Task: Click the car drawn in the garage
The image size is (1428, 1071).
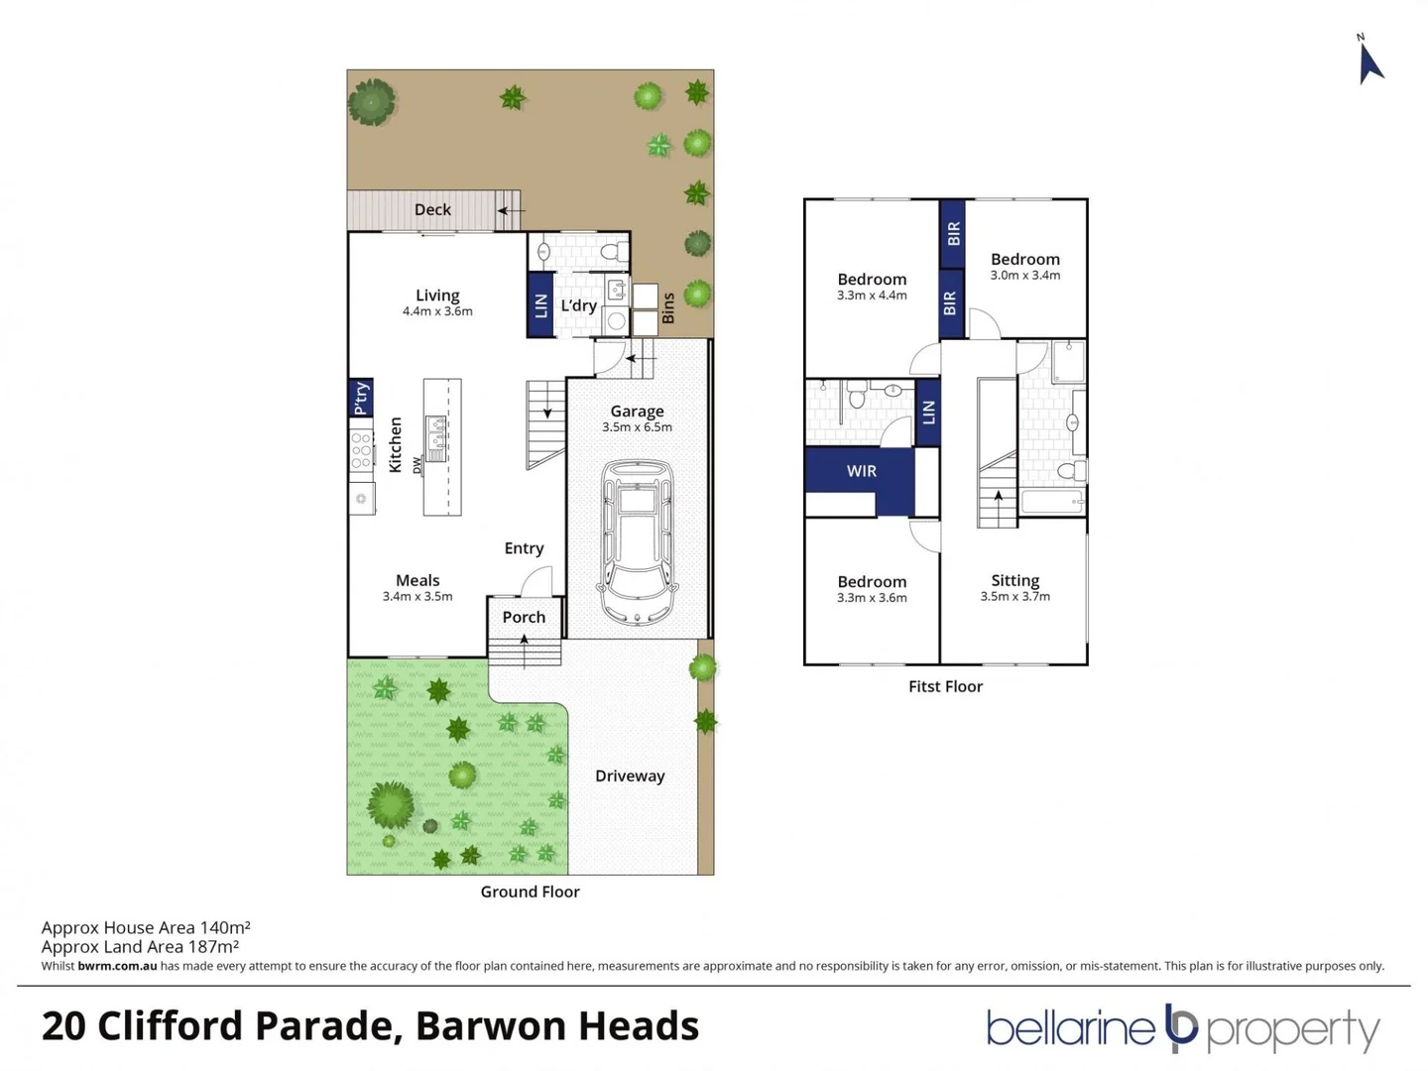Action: [638, 542]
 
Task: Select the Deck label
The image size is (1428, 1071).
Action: [432, 210]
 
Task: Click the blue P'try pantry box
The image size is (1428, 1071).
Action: [361, 398]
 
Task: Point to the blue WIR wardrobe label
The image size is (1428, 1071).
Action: [861, 471]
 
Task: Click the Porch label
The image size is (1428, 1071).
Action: [524, 617]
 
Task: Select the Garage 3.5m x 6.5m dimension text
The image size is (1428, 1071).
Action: [637, 427]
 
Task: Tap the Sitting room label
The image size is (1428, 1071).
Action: [1014, 580]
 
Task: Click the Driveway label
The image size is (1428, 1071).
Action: [630, 775]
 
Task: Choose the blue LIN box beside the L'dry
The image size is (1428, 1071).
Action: [540, 305]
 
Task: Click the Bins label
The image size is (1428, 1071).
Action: [668, 307]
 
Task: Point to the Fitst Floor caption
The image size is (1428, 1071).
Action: [945, 686]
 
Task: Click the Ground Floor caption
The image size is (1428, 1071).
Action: [530, 892]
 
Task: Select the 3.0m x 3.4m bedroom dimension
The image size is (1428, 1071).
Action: [1024, 276]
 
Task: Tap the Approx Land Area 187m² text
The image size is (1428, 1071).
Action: [140, 947]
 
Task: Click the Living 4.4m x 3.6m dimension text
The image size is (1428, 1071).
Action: [437, 311]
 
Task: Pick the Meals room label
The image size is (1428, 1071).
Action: [417, 580]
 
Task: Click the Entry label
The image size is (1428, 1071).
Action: [524, 548]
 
